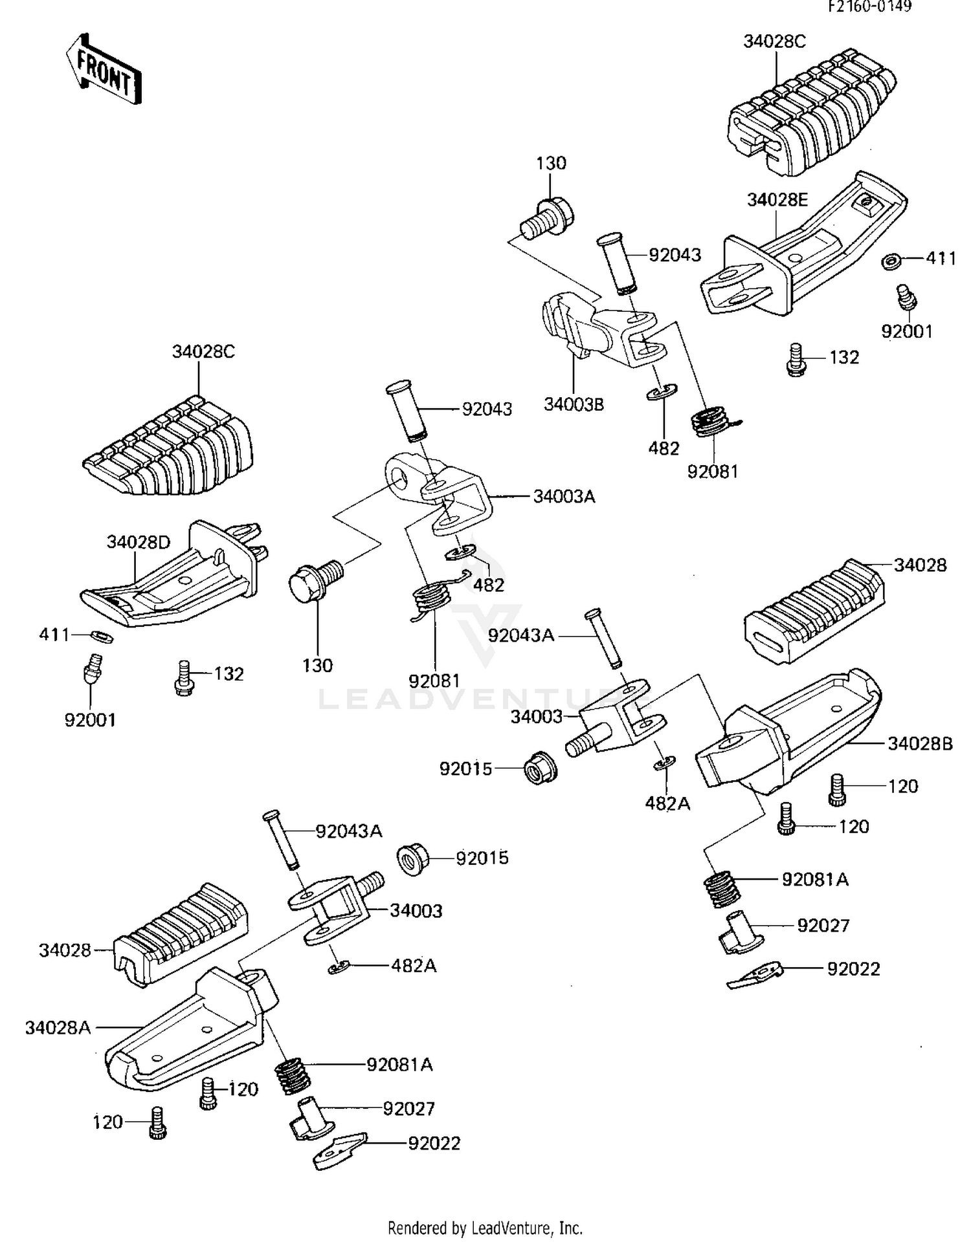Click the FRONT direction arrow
[x=104, y=69]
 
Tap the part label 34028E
[x=777, y=199]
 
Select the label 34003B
[x=574, y=404]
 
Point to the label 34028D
[x=138, y=542]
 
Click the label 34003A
[x=564, y=497]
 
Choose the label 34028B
[x=919, y=744]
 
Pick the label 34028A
[x=58, y=1027]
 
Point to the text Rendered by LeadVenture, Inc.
[x=485, y=1228]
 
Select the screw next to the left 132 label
[x=184, y=678]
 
